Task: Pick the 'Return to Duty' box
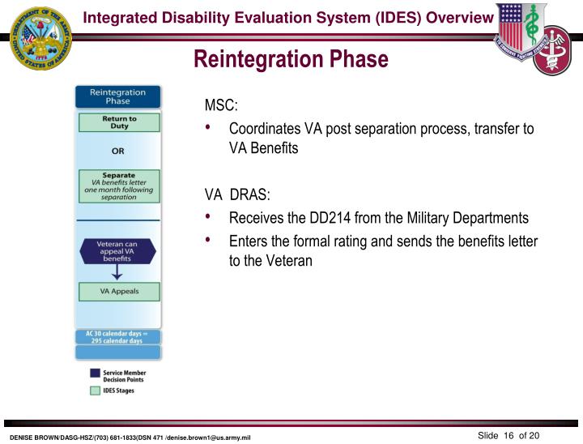tap(118, 122)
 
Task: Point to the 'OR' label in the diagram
tap(118, 151)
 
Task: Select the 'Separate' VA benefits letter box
tap(118, 186)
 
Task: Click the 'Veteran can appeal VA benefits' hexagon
tap(118, 250)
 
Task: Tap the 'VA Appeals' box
tap(118, 291)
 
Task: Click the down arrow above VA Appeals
tap(118, 273)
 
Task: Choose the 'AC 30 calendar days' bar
tap(118, 338)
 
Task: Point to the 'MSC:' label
tap(220, 107)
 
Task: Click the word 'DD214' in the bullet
tap(345, 218)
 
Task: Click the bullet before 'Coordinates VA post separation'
tap(211, 129)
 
